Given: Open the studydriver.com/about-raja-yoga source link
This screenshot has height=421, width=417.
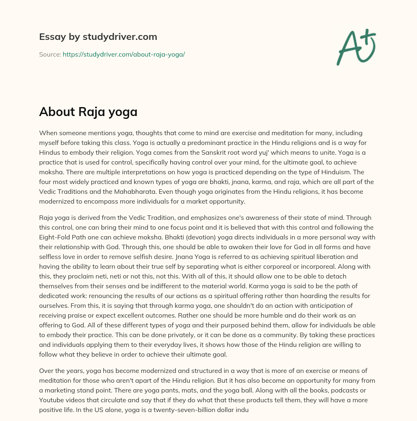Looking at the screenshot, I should [124, 54].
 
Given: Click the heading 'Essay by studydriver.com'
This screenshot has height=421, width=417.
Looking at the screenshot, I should [98, 37].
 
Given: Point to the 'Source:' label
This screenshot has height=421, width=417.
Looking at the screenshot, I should [50, 54].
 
